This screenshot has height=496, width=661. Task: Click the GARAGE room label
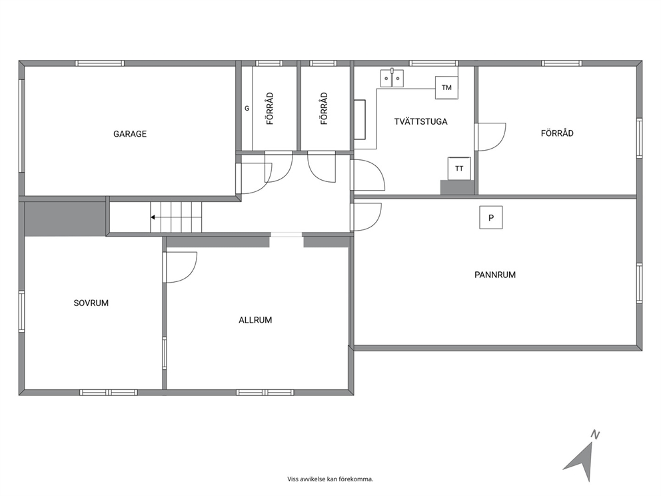(x=130, y=134)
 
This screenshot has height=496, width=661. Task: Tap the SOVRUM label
(x=91, y=303)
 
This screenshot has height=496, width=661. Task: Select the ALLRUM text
(x=255, y=320)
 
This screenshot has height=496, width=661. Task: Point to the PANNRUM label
(x=495, y=275)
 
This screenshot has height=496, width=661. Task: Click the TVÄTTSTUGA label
(x=420, y=121)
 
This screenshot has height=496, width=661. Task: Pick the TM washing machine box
(x=446, y=88)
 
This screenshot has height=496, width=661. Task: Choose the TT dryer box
(x=459, y=168)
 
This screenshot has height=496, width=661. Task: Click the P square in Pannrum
(x=490, y=217)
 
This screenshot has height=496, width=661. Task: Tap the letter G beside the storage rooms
(x=247, y=109)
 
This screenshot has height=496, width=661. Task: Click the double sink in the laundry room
(x=392, y=78)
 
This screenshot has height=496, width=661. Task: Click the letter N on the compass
(x=595, y=435)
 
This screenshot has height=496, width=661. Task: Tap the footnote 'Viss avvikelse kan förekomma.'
(x=330, y=479)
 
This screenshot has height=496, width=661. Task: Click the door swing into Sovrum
(x=180, y=267)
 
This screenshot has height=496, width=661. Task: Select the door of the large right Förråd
(x=490, y=137)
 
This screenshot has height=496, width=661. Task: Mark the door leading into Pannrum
(x=366, y=217)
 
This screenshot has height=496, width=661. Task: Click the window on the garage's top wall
(x=99, y=63)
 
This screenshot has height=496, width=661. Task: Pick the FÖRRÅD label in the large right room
(x=557, y=133)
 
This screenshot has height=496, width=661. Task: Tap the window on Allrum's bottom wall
(x=265, y=393)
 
